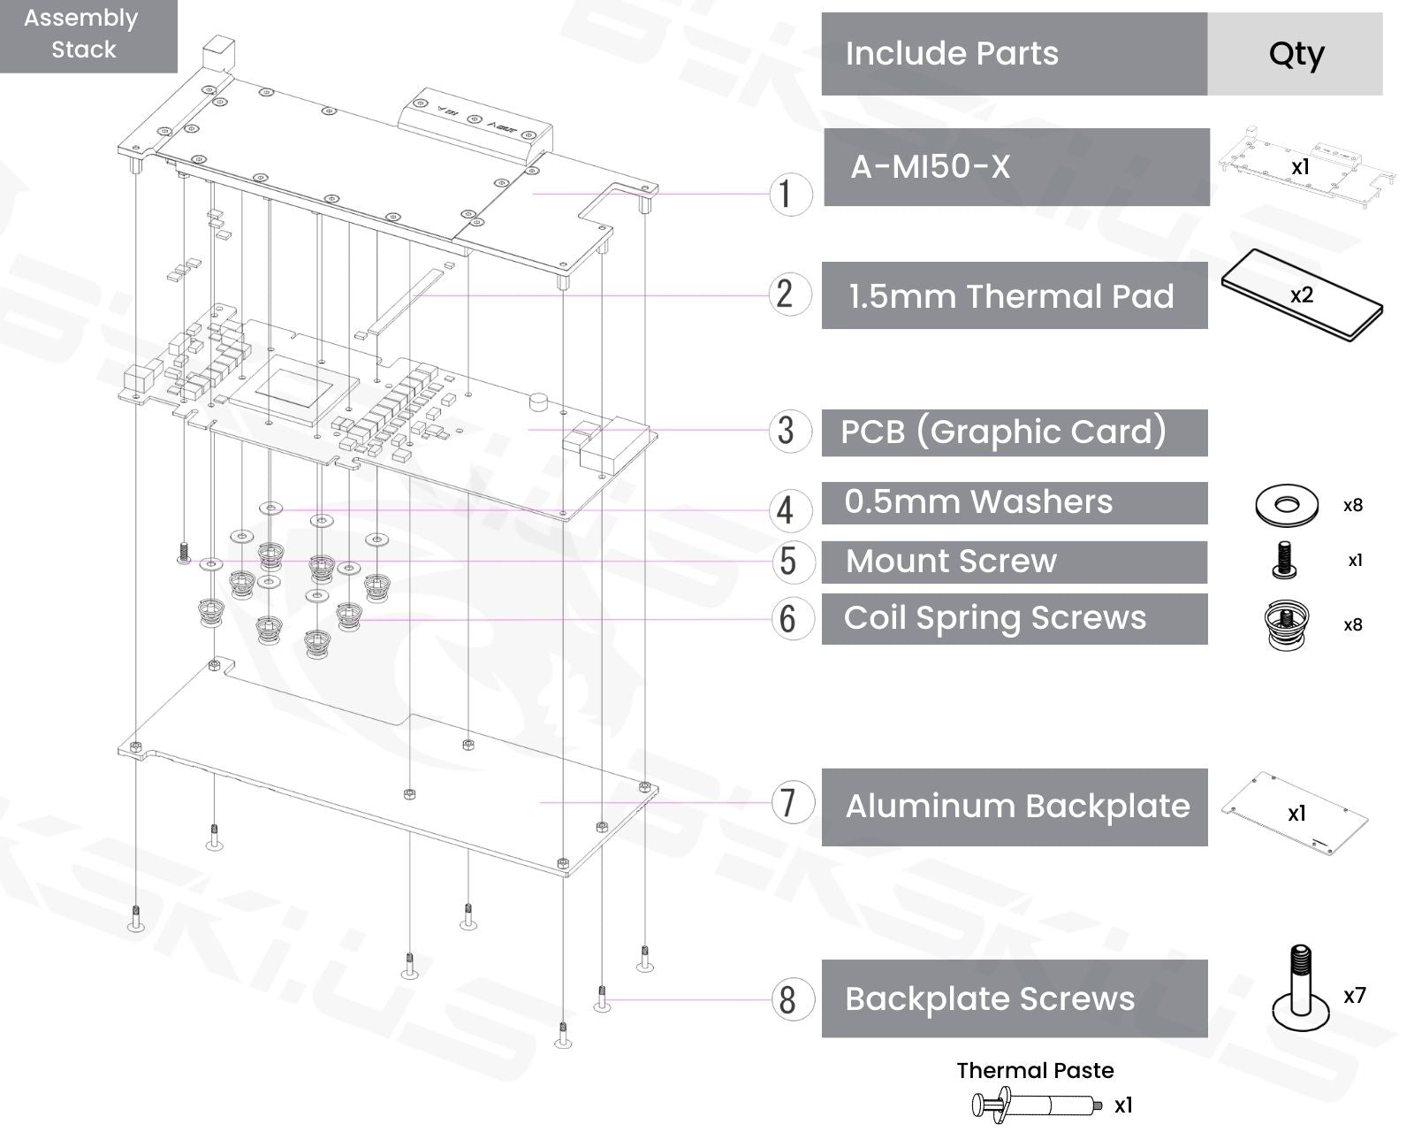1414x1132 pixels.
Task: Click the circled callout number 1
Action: click(786, 194)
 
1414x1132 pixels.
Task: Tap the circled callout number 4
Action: click(786, 510)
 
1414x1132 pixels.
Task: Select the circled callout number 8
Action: click(787, 1000)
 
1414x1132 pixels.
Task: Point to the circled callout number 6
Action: click(787, 618)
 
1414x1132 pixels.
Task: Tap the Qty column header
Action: click(1296, 54)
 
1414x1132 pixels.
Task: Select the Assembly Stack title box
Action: click(84, 34)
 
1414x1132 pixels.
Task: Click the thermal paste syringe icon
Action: click(1035, 1105)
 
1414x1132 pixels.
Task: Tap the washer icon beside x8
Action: click(1286, 505)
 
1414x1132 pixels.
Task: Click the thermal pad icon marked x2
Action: click(1301, 295)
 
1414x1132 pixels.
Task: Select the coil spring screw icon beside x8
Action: click(1286, 624)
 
